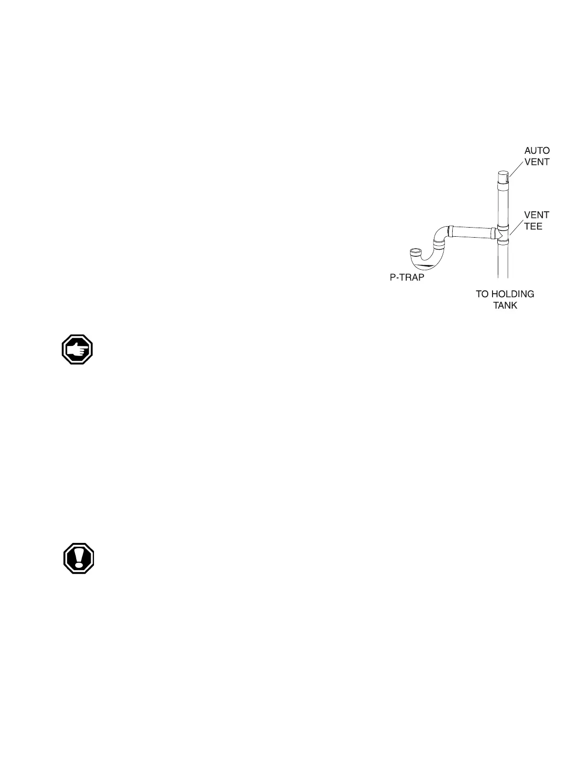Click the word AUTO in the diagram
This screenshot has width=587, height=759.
coord(537,150)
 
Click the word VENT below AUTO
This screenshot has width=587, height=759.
coord(537,162)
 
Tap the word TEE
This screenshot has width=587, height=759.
coord(533,226)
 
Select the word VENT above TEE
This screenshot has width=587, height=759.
coord(537,215)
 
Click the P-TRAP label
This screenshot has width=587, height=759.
coord(407,277)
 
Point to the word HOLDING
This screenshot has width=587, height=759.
coord(513,294)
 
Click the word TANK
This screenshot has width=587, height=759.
coord(505,305)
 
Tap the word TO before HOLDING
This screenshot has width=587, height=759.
coord(482,294)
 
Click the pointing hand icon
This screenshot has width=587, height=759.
coord(77,350)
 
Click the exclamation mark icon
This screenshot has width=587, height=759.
coord(79,558)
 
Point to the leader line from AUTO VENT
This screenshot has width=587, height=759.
coord(517,168)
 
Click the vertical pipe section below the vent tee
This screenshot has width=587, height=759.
coord(503,261)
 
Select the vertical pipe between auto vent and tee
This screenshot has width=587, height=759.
coord(503,206)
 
